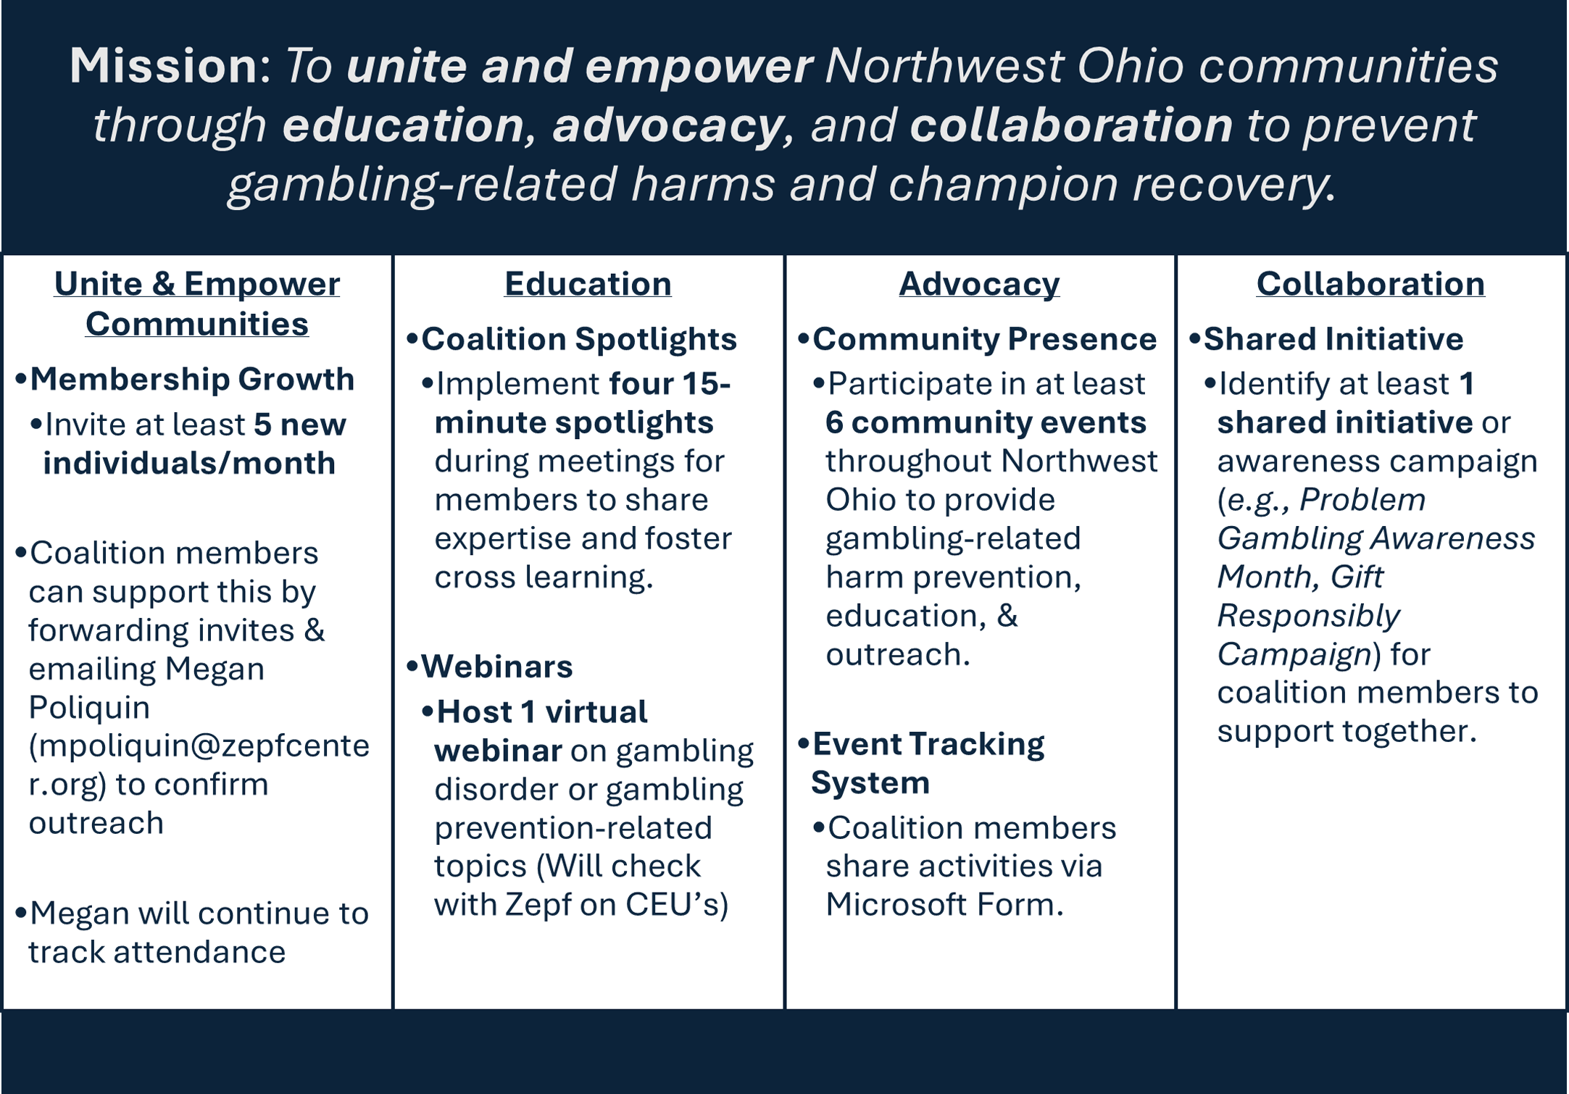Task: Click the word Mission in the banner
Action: pos(164,65)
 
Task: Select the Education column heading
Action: pos(588,283)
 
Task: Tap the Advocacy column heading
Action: pos(979,284)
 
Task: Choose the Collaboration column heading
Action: pos(1370,283)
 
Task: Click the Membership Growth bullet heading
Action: pos(192,379)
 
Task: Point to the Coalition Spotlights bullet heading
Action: pos(579,339)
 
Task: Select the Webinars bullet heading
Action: pos(497,667)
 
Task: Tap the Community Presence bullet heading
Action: pos(985,339)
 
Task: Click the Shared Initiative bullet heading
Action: pos(1333,339)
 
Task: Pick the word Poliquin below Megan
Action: pos(89,707)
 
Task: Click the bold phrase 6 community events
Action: pos(986,422)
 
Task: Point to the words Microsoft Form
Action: pos(944,904)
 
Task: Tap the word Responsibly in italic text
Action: pos(1308,616)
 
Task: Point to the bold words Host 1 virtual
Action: pos(542,712)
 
